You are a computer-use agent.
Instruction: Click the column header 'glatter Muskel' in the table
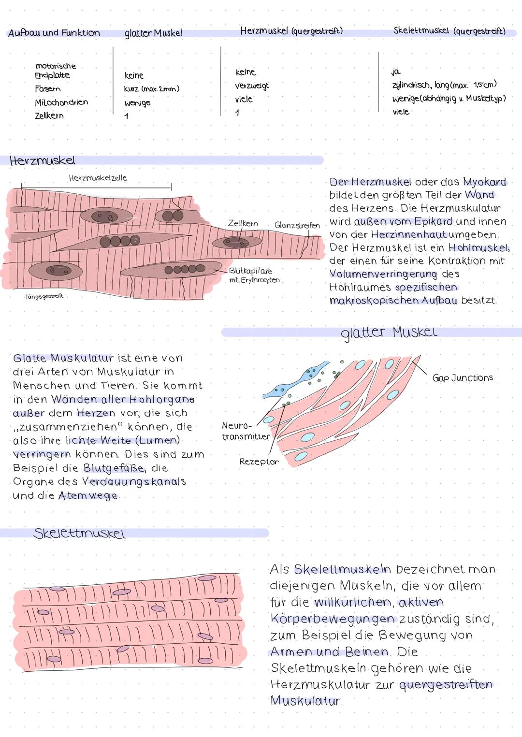click(153, 33)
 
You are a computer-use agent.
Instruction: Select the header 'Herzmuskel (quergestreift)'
click(291, 31)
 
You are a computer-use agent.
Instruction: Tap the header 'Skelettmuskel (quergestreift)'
click(449, 31)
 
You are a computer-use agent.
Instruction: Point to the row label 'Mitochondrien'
click(61, 102)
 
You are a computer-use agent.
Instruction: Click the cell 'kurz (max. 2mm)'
click(152, 89)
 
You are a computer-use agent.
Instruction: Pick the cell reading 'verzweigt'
click(252, 86)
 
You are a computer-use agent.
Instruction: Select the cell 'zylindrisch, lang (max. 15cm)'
click(444, 85)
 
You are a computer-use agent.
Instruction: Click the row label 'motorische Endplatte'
click(55, 71)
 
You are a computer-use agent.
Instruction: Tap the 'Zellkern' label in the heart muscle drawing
click(243, 223)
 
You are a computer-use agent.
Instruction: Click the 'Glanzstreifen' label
click(297, 225)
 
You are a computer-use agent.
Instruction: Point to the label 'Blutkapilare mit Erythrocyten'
click(254, 275)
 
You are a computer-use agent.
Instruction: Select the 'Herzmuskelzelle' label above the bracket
click(98, 178)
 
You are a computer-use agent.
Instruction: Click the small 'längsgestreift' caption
click(44, 296)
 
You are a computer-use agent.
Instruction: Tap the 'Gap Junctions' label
click(463, 378)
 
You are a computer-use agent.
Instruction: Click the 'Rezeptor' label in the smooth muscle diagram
click(259, 462)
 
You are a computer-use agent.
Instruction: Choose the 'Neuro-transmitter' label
click(245, 431)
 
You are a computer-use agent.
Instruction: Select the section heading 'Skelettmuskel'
click(79, 534)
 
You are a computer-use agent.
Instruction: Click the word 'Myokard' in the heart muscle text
click(484, 182)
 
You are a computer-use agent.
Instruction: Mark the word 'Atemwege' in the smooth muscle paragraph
click(88, 496)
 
